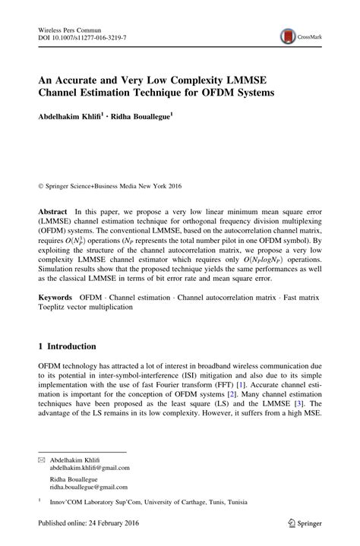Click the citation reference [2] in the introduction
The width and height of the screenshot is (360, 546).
[243, 396]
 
